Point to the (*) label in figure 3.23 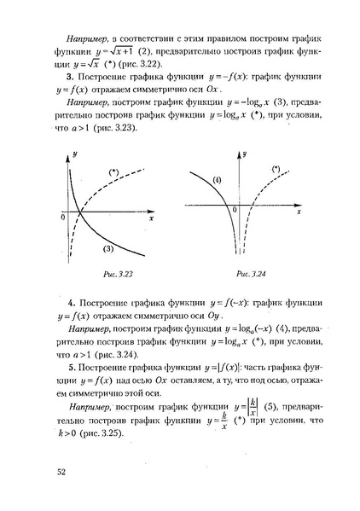tap(113, 173)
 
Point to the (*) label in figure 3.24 tap(275, 171)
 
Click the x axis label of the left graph tap(150, 219)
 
